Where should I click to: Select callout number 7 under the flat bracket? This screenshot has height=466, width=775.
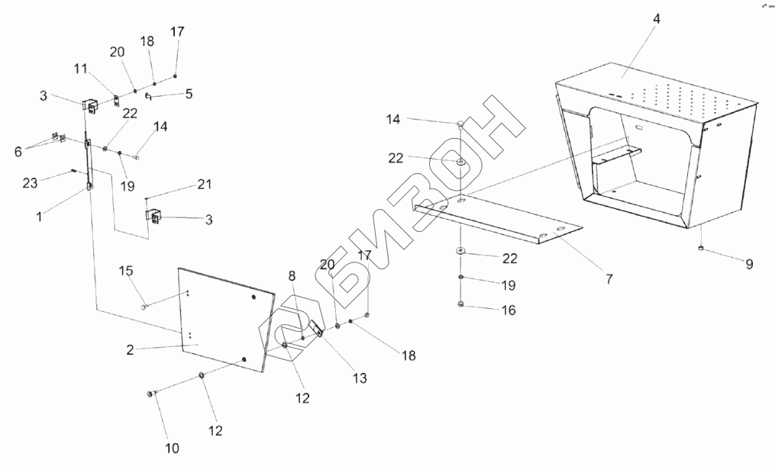point(609,278)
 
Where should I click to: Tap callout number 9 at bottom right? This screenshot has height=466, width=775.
point(749,264)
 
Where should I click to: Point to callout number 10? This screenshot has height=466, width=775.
point(172,448)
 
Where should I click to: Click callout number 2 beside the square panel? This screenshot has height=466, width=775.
point(131,350)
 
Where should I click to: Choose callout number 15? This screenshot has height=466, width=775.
point(126,271)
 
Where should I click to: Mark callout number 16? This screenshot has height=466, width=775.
point(509,310)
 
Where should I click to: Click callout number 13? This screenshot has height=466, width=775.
point(359,378)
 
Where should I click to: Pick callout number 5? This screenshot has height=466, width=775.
point(188,95)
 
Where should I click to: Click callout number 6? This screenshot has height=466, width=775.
point(18,151)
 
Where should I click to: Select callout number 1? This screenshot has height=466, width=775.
point(38,217)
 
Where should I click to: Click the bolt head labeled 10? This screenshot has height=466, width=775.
point(150,394)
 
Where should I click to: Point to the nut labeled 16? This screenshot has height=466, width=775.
point(461,307)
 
